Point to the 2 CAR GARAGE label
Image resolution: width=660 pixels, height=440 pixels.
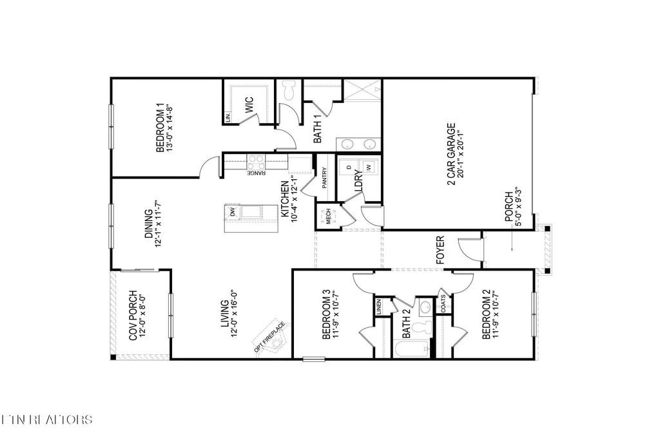455,155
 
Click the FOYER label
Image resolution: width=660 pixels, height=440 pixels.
441,251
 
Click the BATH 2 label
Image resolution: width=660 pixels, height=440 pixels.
406,325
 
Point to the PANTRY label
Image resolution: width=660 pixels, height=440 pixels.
325,177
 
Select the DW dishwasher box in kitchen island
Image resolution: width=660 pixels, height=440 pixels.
230,211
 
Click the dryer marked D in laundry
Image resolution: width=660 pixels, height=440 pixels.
349,167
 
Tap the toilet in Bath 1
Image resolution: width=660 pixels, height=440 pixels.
289,90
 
